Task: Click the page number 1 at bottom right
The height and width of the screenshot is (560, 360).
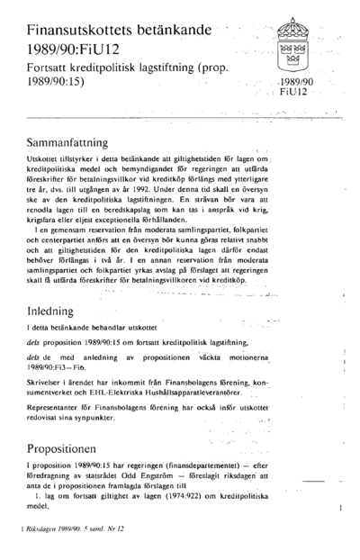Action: [341, 510]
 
